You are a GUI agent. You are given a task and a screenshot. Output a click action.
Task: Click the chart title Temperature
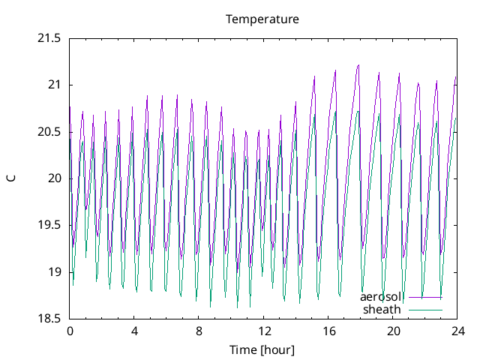click(262, 19)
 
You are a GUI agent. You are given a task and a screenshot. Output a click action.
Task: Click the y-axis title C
click(11, 178)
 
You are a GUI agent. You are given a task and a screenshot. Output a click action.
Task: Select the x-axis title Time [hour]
click(262, 349)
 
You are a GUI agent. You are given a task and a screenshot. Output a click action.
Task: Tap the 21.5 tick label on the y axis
click(49, 37)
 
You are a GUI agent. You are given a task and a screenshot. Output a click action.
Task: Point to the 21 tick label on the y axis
click(53, 85)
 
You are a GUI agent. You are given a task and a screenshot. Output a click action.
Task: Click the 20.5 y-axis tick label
click(49, 131)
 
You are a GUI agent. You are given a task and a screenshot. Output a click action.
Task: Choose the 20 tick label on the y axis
click(53, 178)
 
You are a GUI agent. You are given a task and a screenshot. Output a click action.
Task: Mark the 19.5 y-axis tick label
click(49, 225)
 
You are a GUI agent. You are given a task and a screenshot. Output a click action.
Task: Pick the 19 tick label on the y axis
click(53, 272)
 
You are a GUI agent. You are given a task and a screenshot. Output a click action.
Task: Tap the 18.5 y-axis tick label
click(49, 319)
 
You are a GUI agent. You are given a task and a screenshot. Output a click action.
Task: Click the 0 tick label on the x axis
click(70, 331)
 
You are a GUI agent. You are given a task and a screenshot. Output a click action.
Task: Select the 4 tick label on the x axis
click(134, 331)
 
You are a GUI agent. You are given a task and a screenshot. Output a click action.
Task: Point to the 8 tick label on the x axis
click(199, 331)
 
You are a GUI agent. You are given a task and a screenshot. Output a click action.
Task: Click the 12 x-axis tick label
click(264, 331)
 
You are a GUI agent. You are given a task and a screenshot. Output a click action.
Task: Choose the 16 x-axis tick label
click(328, 331)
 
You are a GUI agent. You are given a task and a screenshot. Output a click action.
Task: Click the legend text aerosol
click(382, 297)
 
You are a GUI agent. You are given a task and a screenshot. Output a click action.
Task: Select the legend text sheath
click(382, 309)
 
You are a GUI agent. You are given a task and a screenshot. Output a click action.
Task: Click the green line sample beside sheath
click(424, 309)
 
